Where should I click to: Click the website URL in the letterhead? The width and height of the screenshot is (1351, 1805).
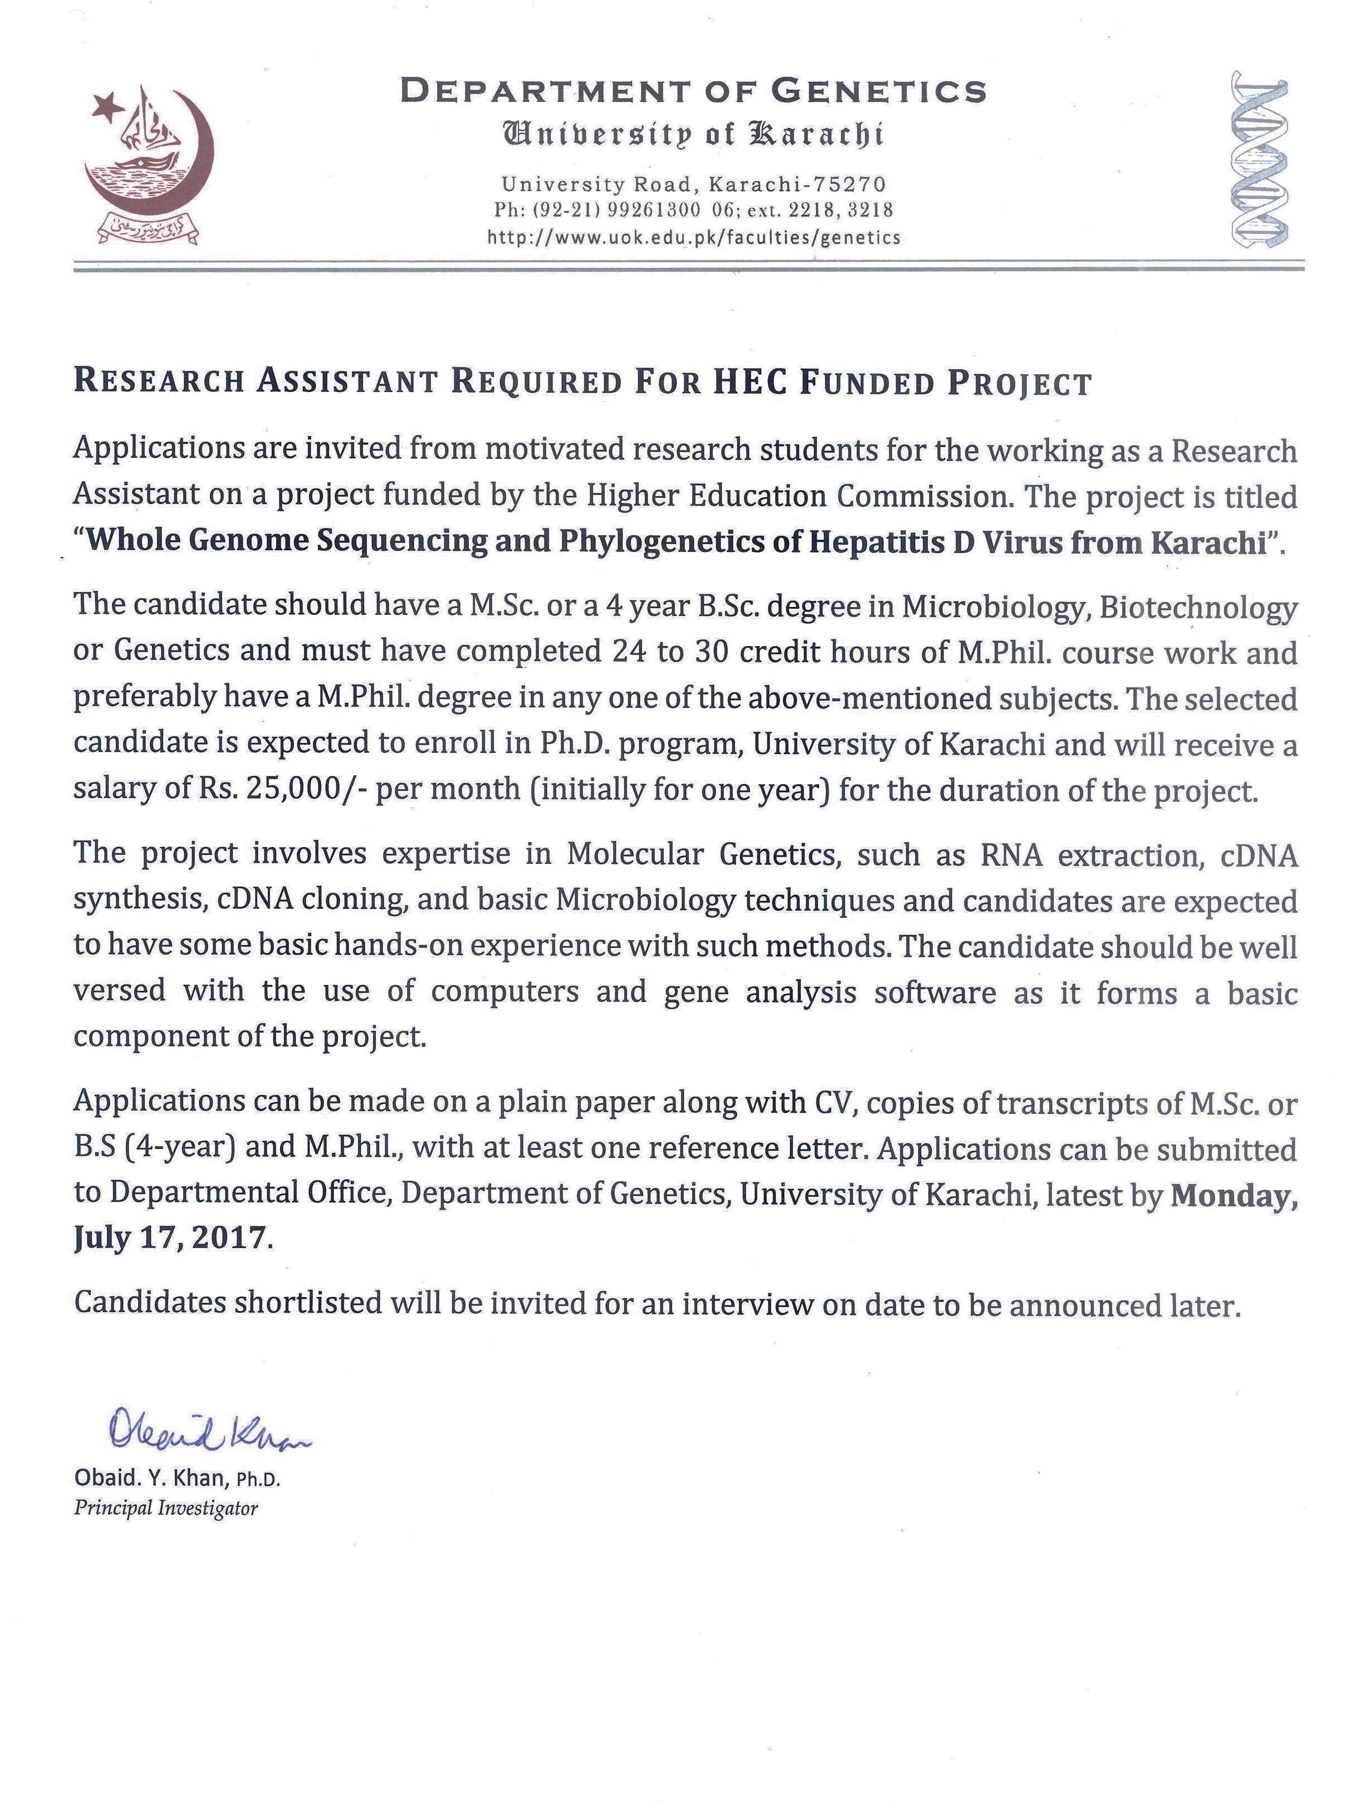[x=693, y=237]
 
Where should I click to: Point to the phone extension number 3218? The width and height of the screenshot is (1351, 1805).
[x=870, y=211]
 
